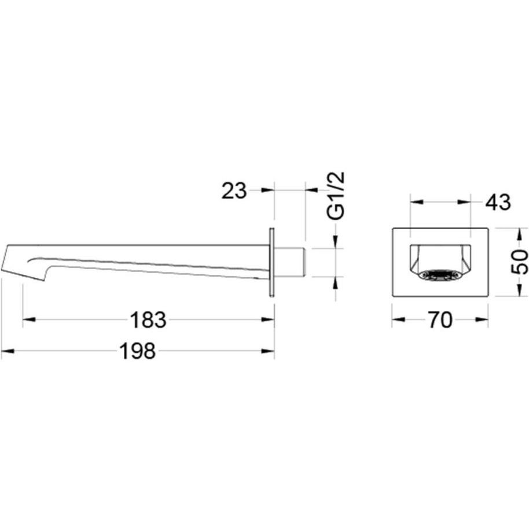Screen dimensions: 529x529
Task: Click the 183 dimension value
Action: [x=148, y=320]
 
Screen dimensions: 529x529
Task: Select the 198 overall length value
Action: [x=138, y=351]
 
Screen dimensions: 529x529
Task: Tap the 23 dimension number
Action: [x=234, y=191]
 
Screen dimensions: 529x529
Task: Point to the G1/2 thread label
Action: [x=336, y=196]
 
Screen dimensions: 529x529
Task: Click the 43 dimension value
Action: [x=498, y=203]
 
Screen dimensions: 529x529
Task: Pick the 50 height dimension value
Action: [x=519, y=262]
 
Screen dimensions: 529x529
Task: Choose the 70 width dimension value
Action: [x=440, y=320]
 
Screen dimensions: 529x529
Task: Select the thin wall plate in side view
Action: [x=271, y=263]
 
